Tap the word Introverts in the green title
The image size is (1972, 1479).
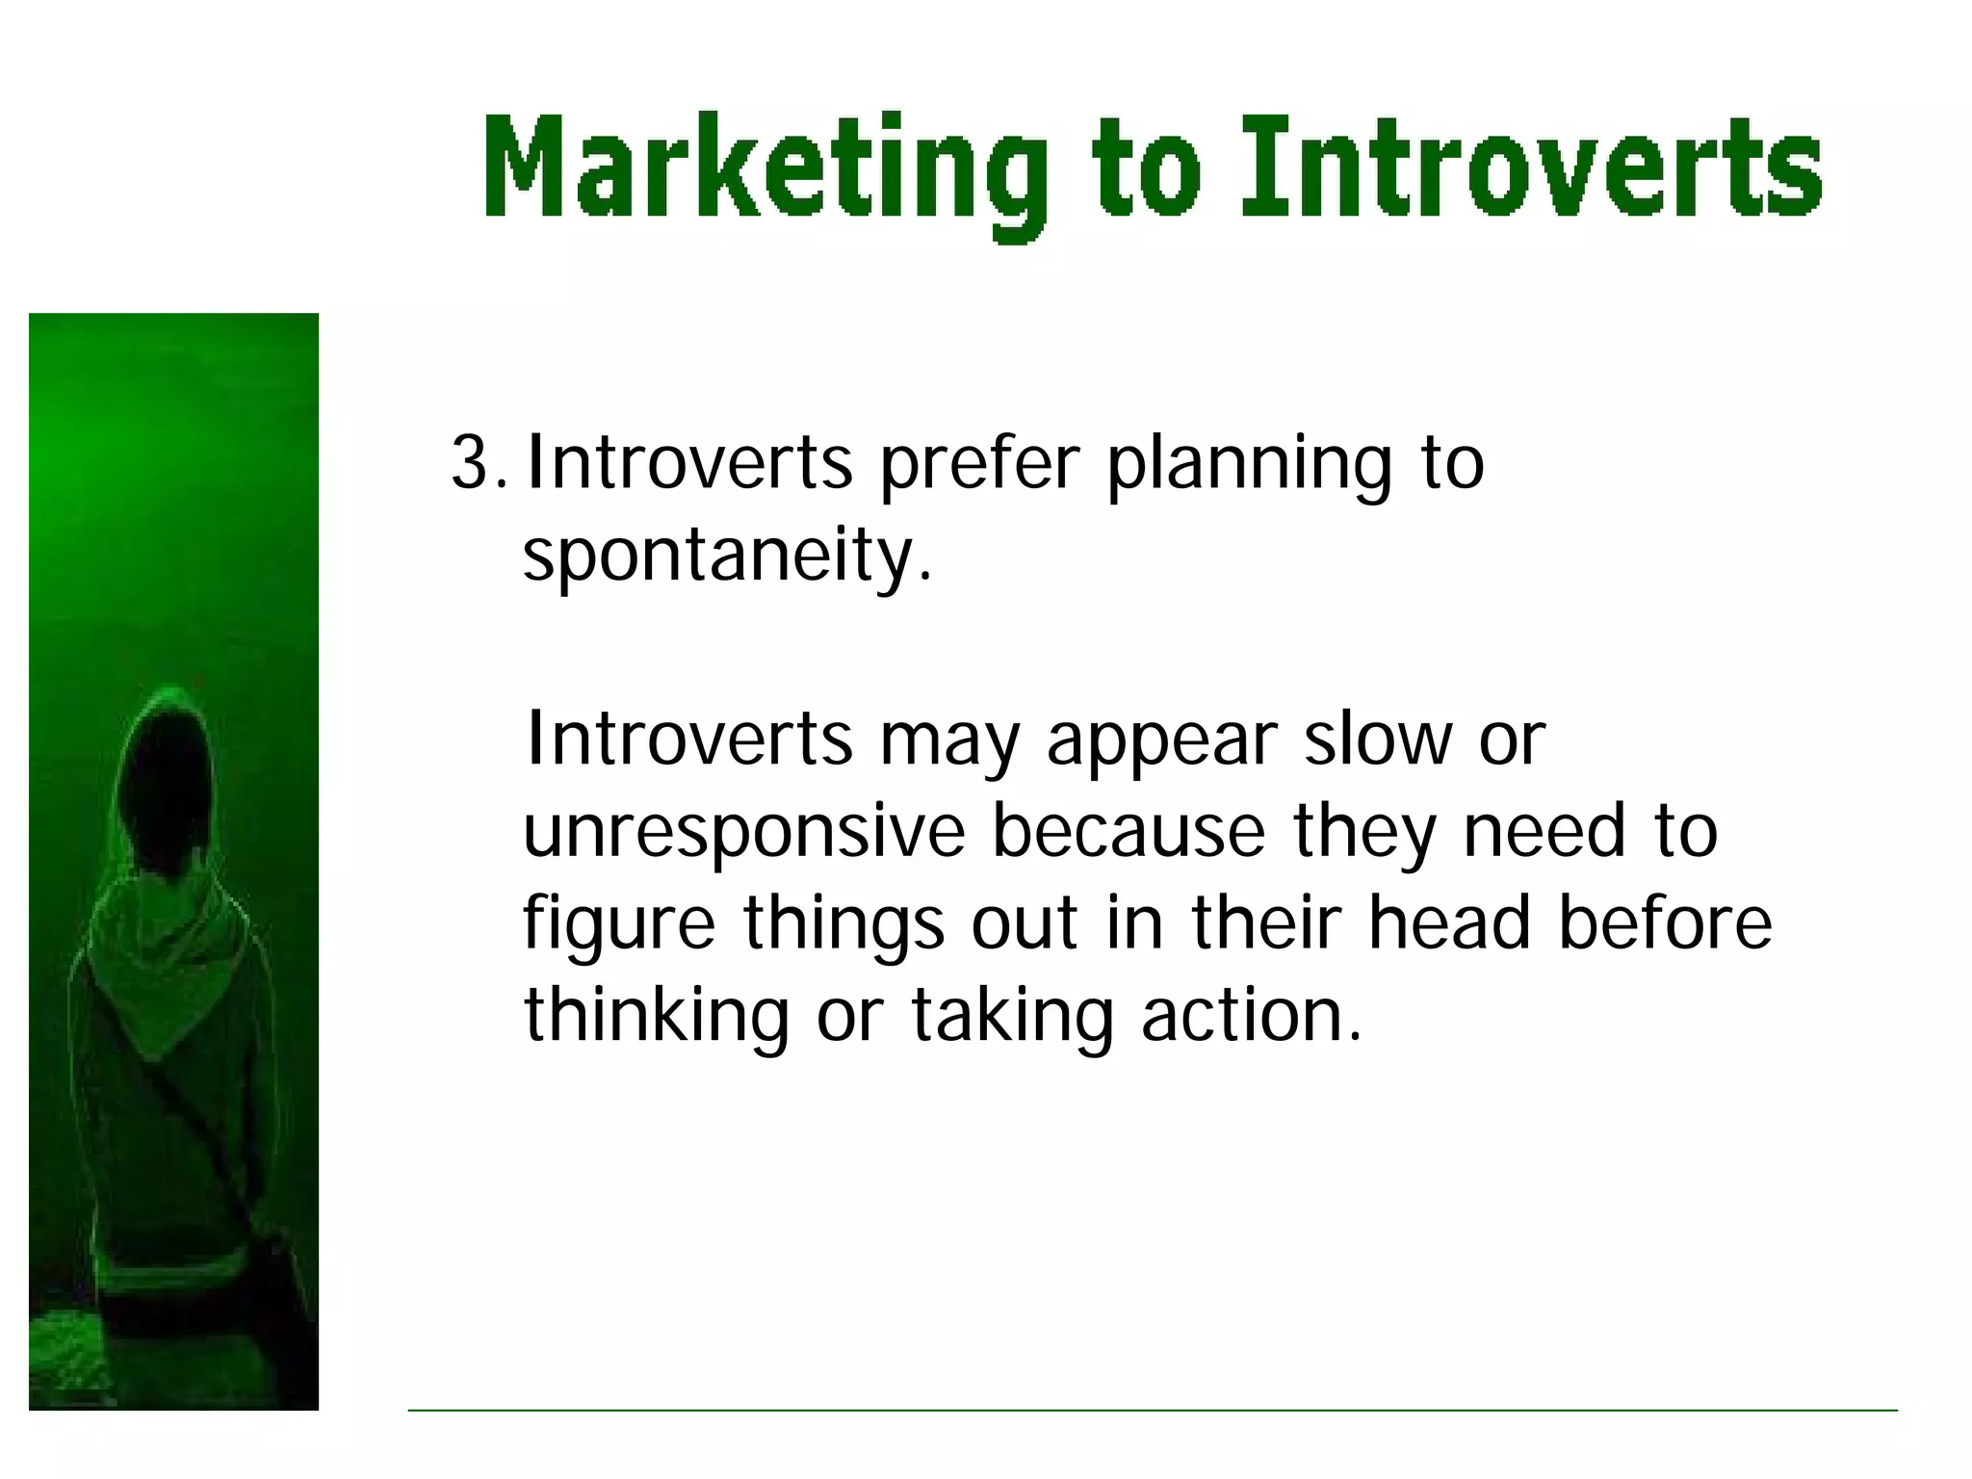1531,169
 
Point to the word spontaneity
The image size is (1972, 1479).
727,558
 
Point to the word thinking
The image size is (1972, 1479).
656,1016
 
